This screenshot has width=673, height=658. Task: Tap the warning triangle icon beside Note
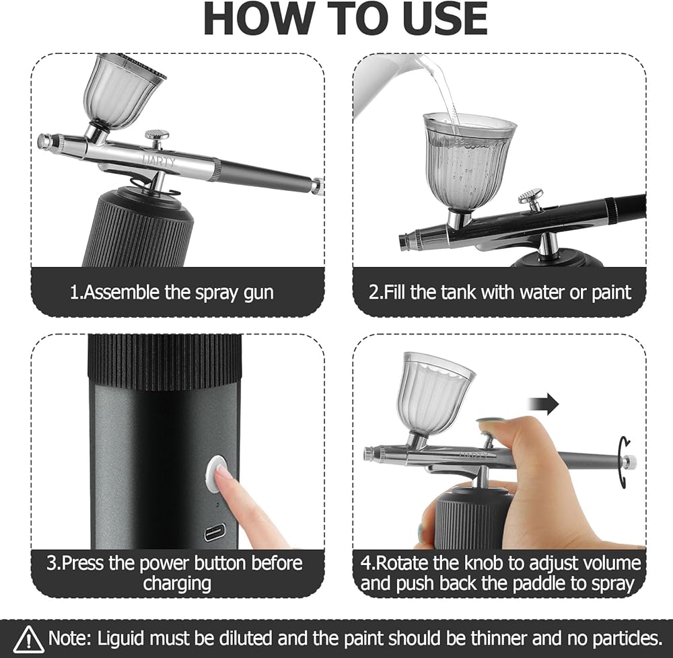point(28,639)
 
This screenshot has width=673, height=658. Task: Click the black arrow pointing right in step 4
point(543,404)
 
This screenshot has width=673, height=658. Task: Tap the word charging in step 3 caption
point(177,583)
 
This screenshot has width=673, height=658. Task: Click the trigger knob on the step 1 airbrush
point(157,138)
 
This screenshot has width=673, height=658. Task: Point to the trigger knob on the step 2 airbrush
point(530,199)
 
